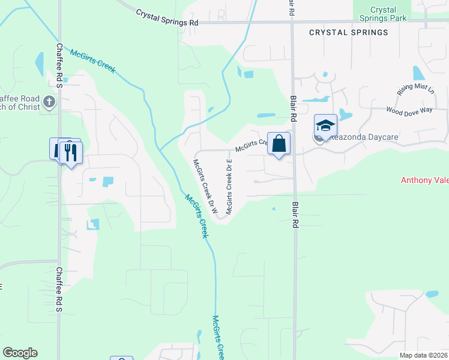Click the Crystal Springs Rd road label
(x=167, y=17)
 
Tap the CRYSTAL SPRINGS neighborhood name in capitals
(x=349, y=32)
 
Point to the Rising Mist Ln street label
(x=415, y=90)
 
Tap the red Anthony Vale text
(x=424, y=180)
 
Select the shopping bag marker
(x=279, y=143)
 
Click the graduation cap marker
(x=325, y=125)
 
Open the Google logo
(x=20, y=353)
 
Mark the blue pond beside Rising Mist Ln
(x=418, y=73)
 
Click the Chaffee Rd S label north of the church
(x=59, y=58)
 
